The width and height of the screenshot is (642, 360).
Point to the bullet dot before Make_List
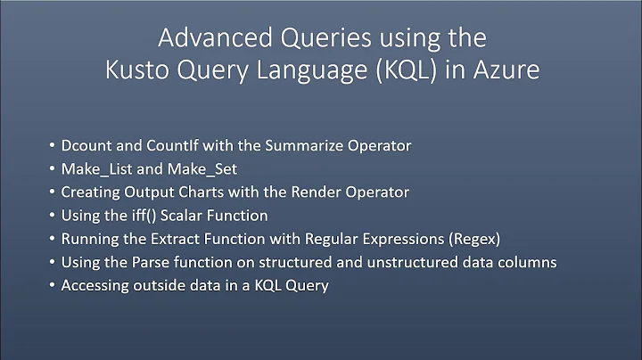(47, 169)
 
